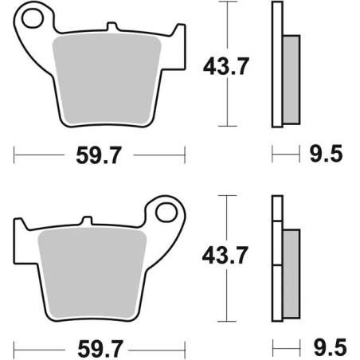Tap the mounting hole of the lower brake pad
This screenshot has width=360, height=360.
pos(168,213)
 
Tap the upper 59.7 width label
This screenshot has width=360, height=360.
pos(100,155)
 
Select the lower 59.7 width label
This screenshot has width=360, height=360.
pos(100,348)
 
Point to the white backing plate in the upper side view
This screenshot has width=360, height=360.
pos(277,64)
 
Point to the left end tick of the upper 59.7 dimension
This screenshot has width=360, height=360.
pos(14,154)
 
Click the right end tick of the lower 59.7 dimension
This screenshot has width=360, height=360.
pos(185,347)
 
